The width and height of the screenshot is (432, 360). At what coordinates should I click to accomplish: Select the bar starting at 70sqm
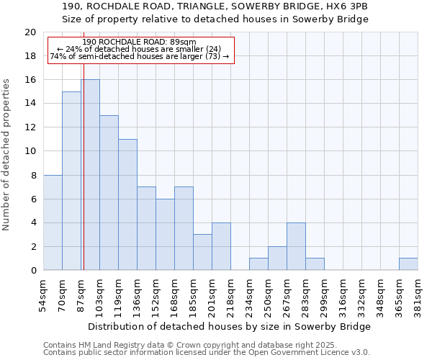click(71, 181)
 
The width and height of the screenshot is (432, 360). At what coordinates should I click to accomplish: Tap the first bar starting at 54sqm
click(53, 222)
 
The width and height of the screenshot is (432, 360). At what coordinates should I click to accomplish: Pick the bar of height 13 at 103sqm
click(109, 193)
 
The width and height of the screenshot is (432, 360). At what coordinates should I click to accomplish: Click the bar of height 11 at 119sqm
click(127, 204)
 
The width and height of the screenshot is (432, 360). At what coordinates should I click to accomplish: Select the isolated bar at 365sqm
click(408, 264)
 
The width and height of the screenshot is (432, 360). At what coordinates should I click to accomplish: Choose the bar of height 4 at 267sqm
click(296, 246)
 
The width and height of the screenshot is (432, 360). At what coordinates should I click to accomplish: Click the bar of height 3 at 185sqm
click(202, 252)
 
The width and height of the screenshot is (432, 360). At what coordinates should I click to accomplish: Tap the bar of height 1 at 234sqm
click(258, 264)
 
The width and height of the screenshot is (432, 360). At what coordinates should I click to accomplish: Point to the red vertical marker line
click(84, 180)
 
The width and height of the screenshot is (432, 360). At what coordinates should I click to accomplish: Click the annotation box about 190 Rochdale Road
click(141, 50)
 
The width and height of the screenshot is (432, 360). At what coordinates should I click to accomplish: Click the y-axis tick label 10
click(30, 151)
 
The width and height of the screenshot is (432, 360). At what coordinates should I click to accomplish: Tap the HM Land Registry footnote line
click(169, 345)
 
